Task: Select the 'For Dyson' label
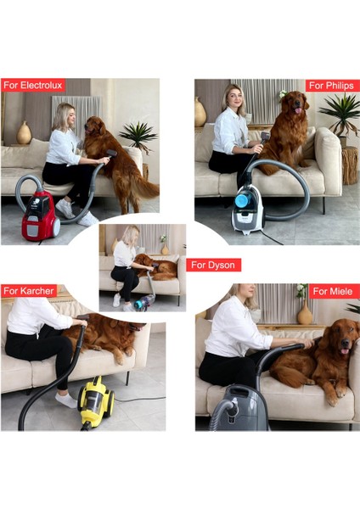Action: click(x=210, y=266)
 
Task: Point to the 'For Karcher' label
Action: click(x=30, y=291)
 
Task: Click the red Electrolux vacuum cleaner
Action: click(x=40, y=216)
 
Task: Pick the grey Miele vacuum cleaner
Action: click(x=238, y=409)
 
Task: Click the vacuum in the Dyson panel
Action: click(x=143, y=300)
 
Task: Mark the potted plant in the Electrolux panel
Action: click(x=138, y=136)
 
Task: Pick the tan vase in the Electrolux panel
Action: click(x=25, y=133)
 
